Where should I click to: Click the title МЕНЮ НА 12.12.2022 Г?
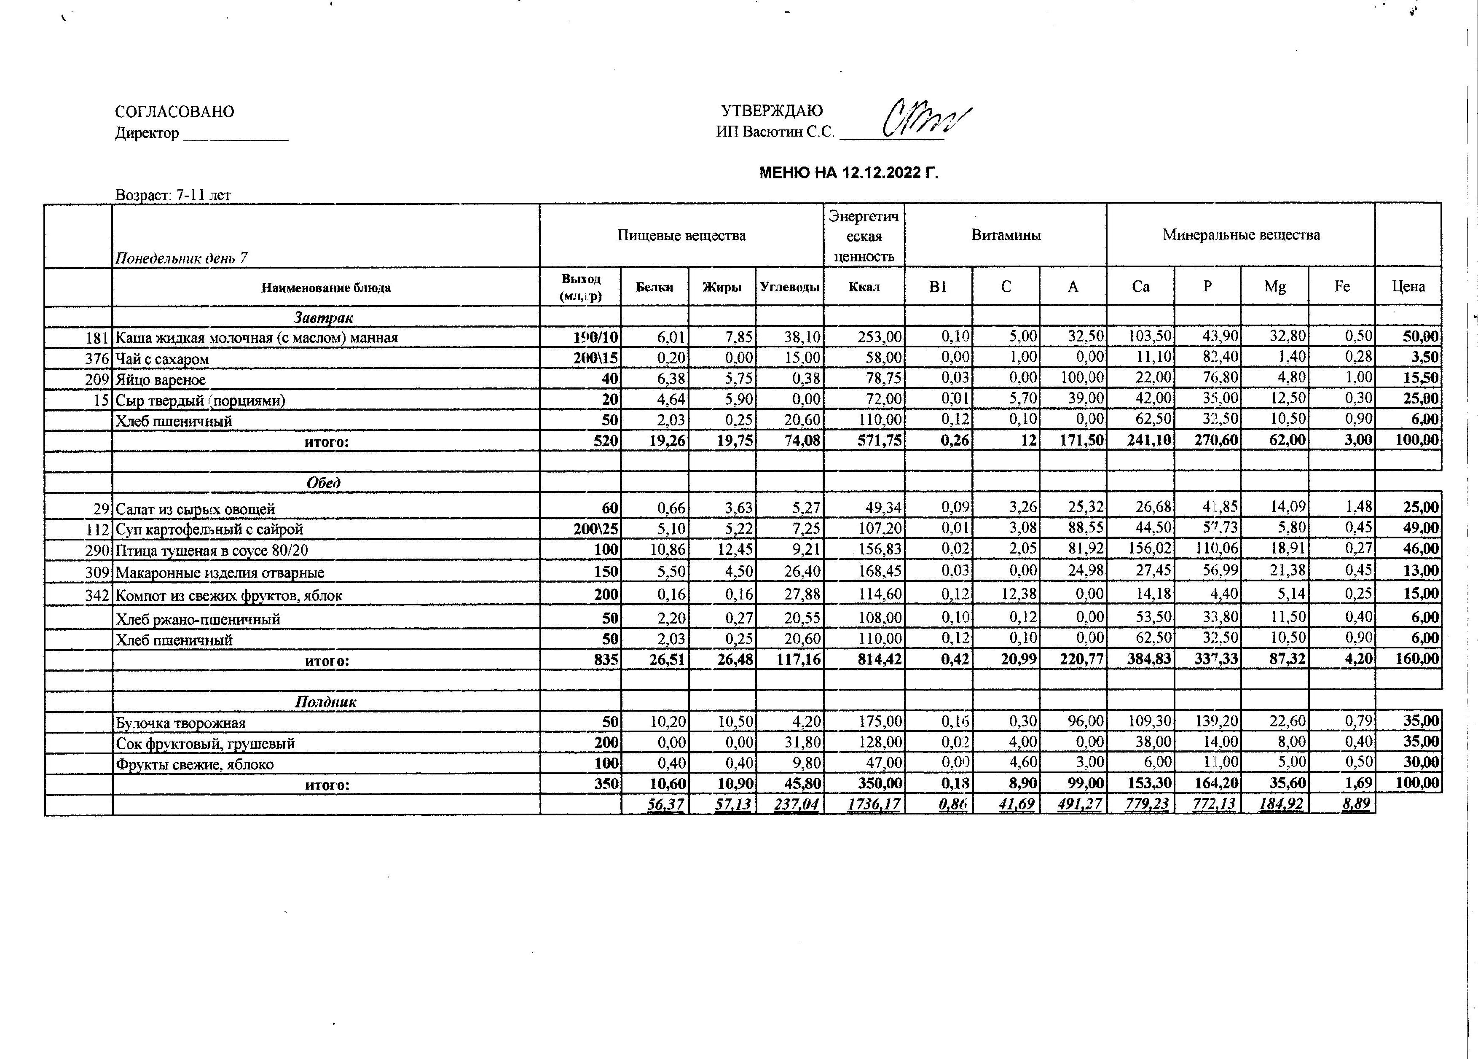point(848,173)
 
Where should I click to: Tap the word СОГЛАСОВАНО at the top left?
point(174,111)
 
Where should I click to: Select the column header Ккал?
point(864,287)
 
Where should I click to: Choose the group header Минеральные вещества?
point(1241,235)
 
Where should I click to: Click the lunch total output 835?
point(606,659)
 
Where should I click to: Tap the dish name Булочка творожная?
point(180,723)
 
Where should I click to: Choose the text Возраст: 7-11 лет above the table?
point(173,195)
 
